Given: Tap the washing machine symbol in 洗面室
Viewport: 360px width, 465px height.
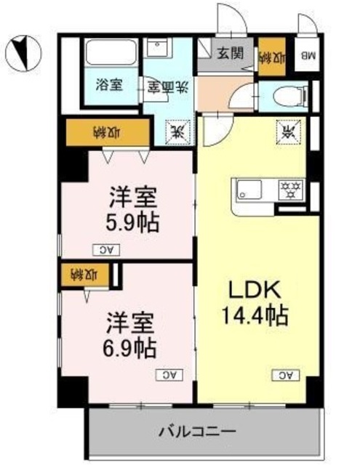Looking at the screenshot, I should pos(177,131).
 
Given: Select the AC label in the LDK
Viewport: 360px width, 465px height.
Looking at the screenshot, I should pos(285,375).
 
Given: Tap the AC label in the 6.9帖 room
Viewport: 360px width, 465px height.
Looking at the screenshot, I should pos(168,375).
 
